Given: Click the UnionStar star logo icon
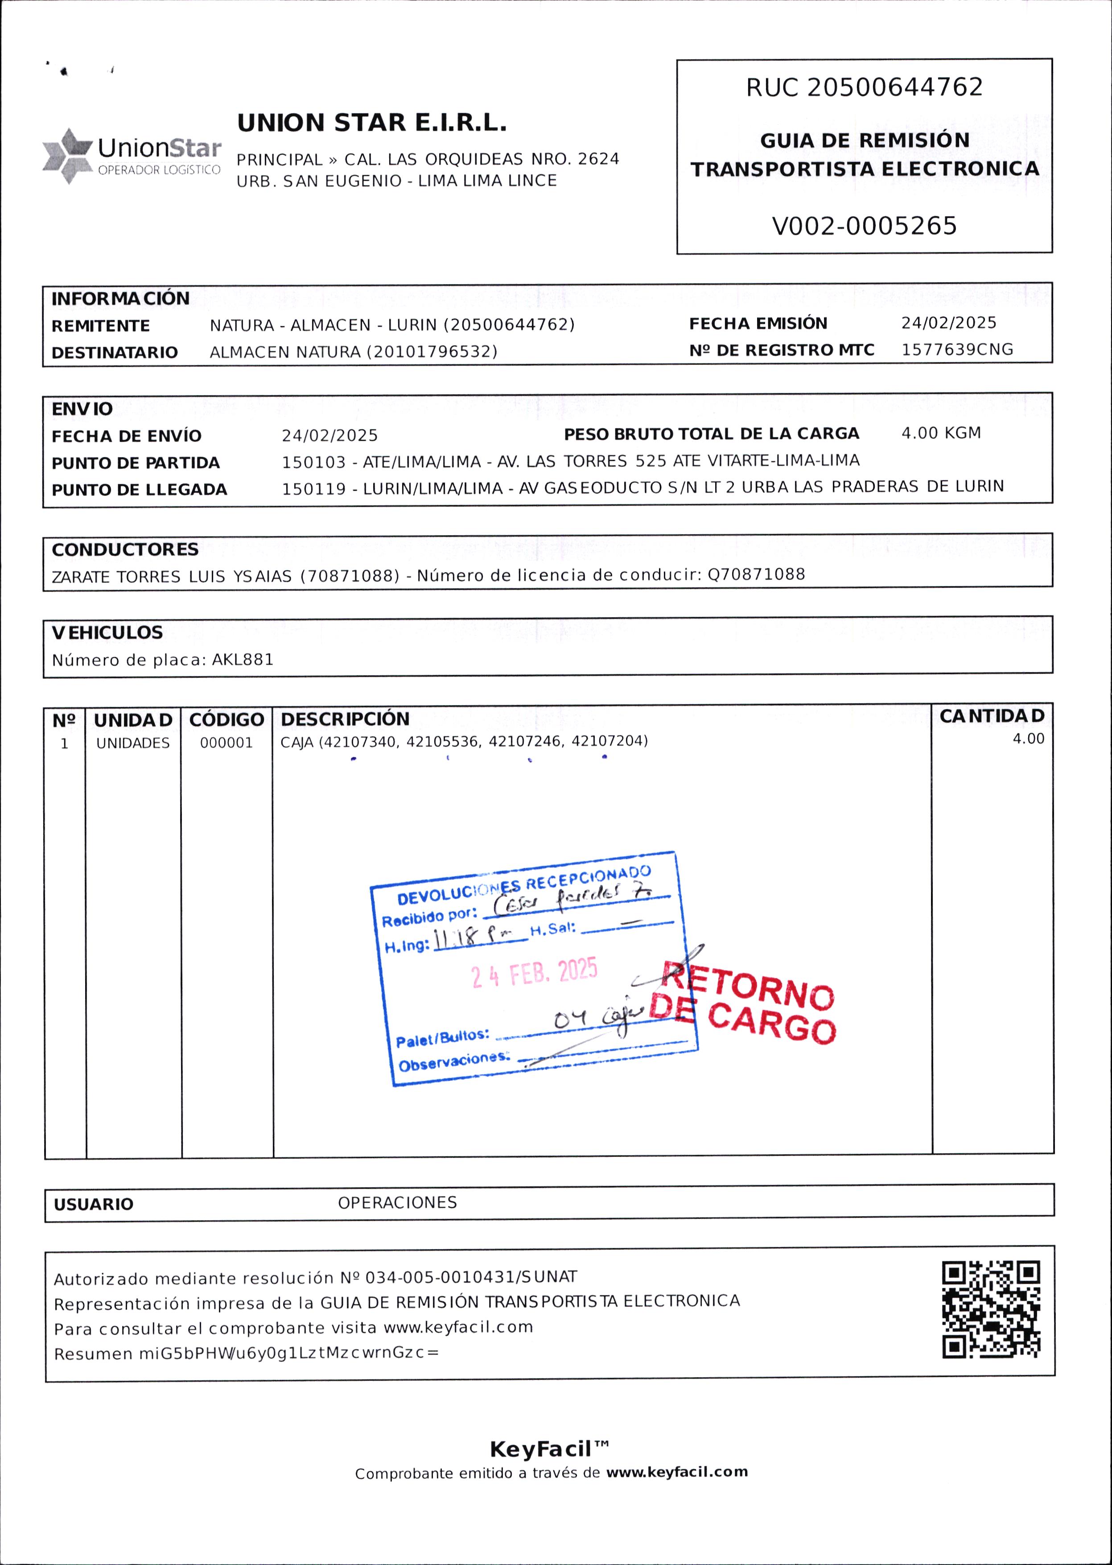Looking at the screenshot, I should [67, 156].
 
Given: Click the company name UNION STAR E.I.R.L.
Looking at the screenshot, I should [372, 123].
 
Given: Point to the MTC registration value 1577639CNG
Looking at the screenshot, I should [956, 349].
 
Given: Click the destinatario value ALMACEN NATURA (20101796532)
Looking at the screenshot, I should [353, 352].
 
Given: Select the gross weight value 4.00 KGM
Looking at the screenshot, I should [941, 433].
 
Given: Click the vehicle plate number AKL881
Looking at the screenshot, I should [243, 660].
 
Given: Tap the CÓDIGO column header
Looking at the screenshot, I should [227, 720].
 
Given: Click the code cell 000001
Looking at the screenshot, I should [226, 743].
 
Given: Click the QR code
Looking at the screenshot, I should [991, 1309].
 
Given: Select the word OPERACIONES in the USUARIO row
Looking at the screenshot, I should [397, 1203].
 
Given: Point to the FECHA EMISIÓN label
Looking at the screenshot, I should [758, 323].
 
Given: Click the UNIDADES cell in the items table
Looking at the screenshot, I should [133, 743].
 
